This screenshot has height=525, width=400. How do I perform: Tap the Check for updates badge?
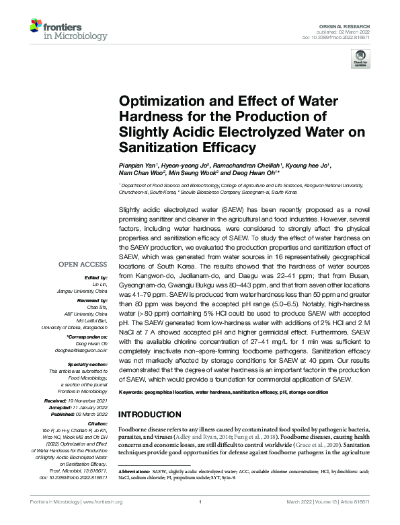tap(361, 59)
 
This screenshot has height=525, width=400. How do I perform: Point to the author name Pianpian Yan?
tap(140, 165)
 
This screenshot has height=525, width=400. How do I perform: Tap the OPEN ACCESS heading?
tap(85, 265)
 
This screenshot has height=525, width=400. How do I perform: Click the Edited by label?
tap(97, 277)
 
